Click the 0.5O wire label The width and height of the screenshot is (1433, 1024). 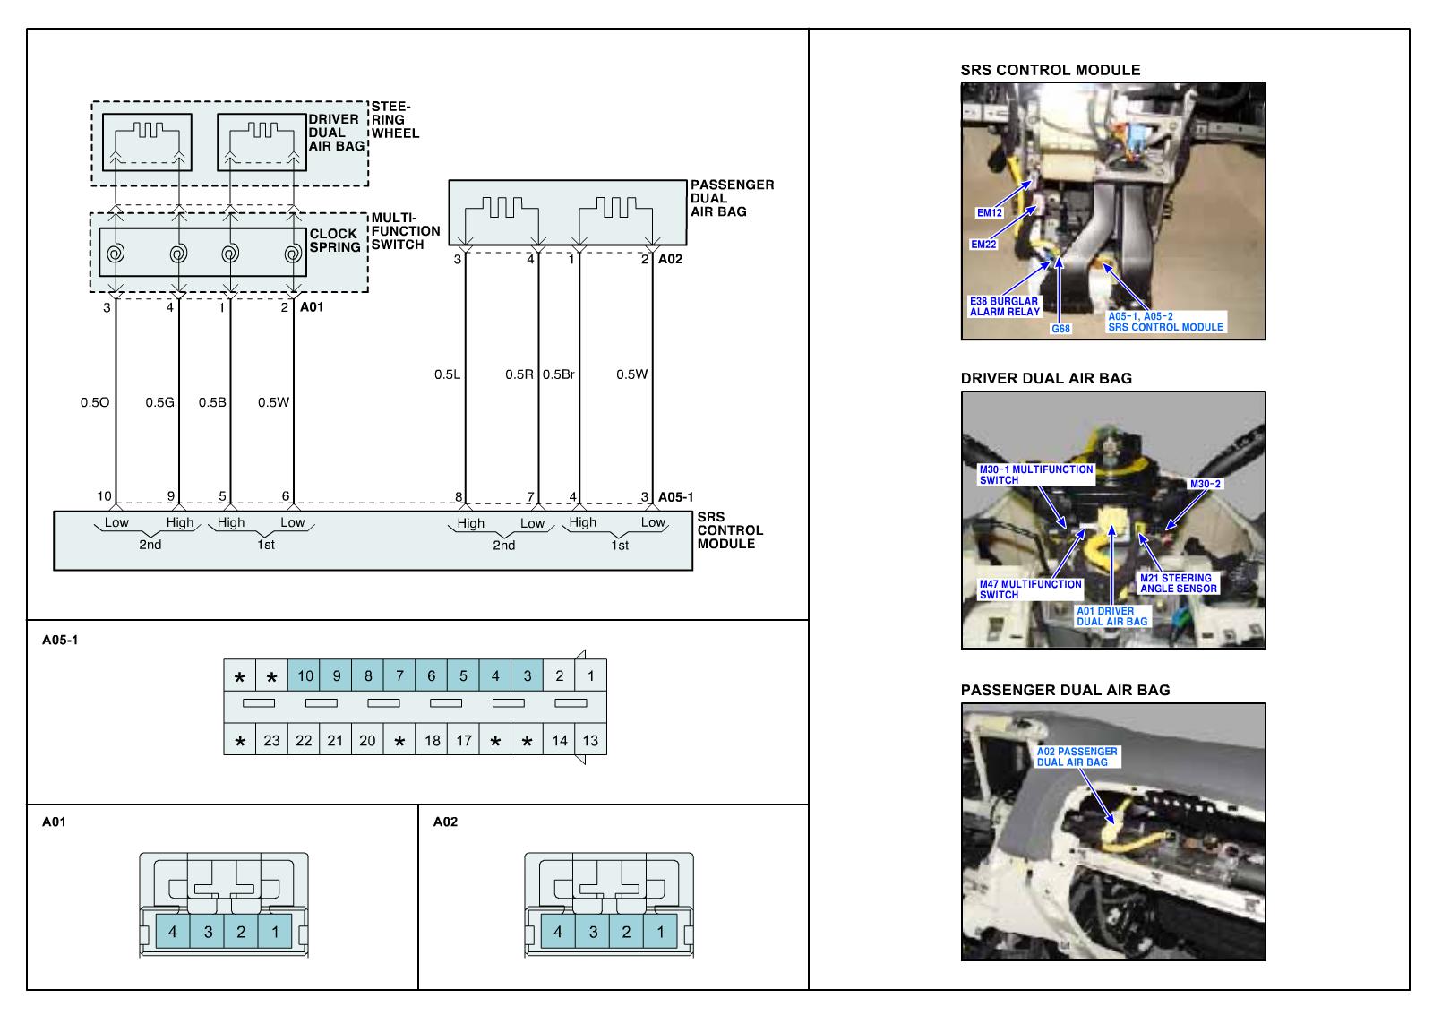(x=95, y=402)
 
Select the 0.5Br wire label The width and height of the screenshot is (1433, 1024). (x=559, y=374)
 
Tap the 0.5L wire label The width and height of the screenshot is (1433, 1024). (x=447, y=374)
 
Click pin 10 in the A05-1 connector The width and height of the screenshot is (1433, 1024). (x=305, y=675)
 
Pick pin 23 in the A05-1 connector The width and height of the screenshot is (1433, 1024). (x=272, y=741)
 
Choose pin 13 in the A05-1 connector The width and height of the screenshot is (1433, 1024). (x=590, y=741)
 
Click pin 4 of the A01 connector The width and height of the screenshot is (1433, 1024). (x=173, y=932)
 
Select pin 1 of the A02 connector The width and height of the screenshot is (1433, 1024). (x=660, y=932)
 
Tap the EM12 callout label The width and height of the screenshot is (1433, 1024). (x=989, y=212)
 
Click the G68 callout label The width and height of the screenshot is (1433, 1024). (x=1060, y=328)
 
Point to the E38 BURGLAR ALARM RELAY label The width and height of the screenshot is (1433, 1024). (x=1004, y=306)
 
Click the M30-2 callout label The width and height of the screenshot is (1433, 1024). (x=1206, y=484)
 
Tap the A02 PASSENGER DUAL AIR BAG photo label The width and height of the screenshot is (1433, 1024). (x=1077, y=756)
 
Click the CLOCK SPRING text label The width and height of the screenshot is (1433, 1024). (x=335, y=241)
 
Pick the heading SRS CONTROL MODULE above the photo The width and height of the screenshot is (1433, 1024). (x=1051, y=70)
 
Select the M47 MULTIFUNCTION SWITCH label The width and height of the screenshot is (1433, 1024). (x=1031, y=589)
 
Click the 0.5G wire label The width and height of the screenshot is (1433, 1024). (x=160, y=402)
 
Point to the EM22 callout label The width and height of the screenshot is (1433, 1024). (x=983, y=244)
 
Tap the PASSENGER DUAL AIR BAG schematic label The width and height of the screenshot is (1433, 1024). (x=732, y=198)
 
